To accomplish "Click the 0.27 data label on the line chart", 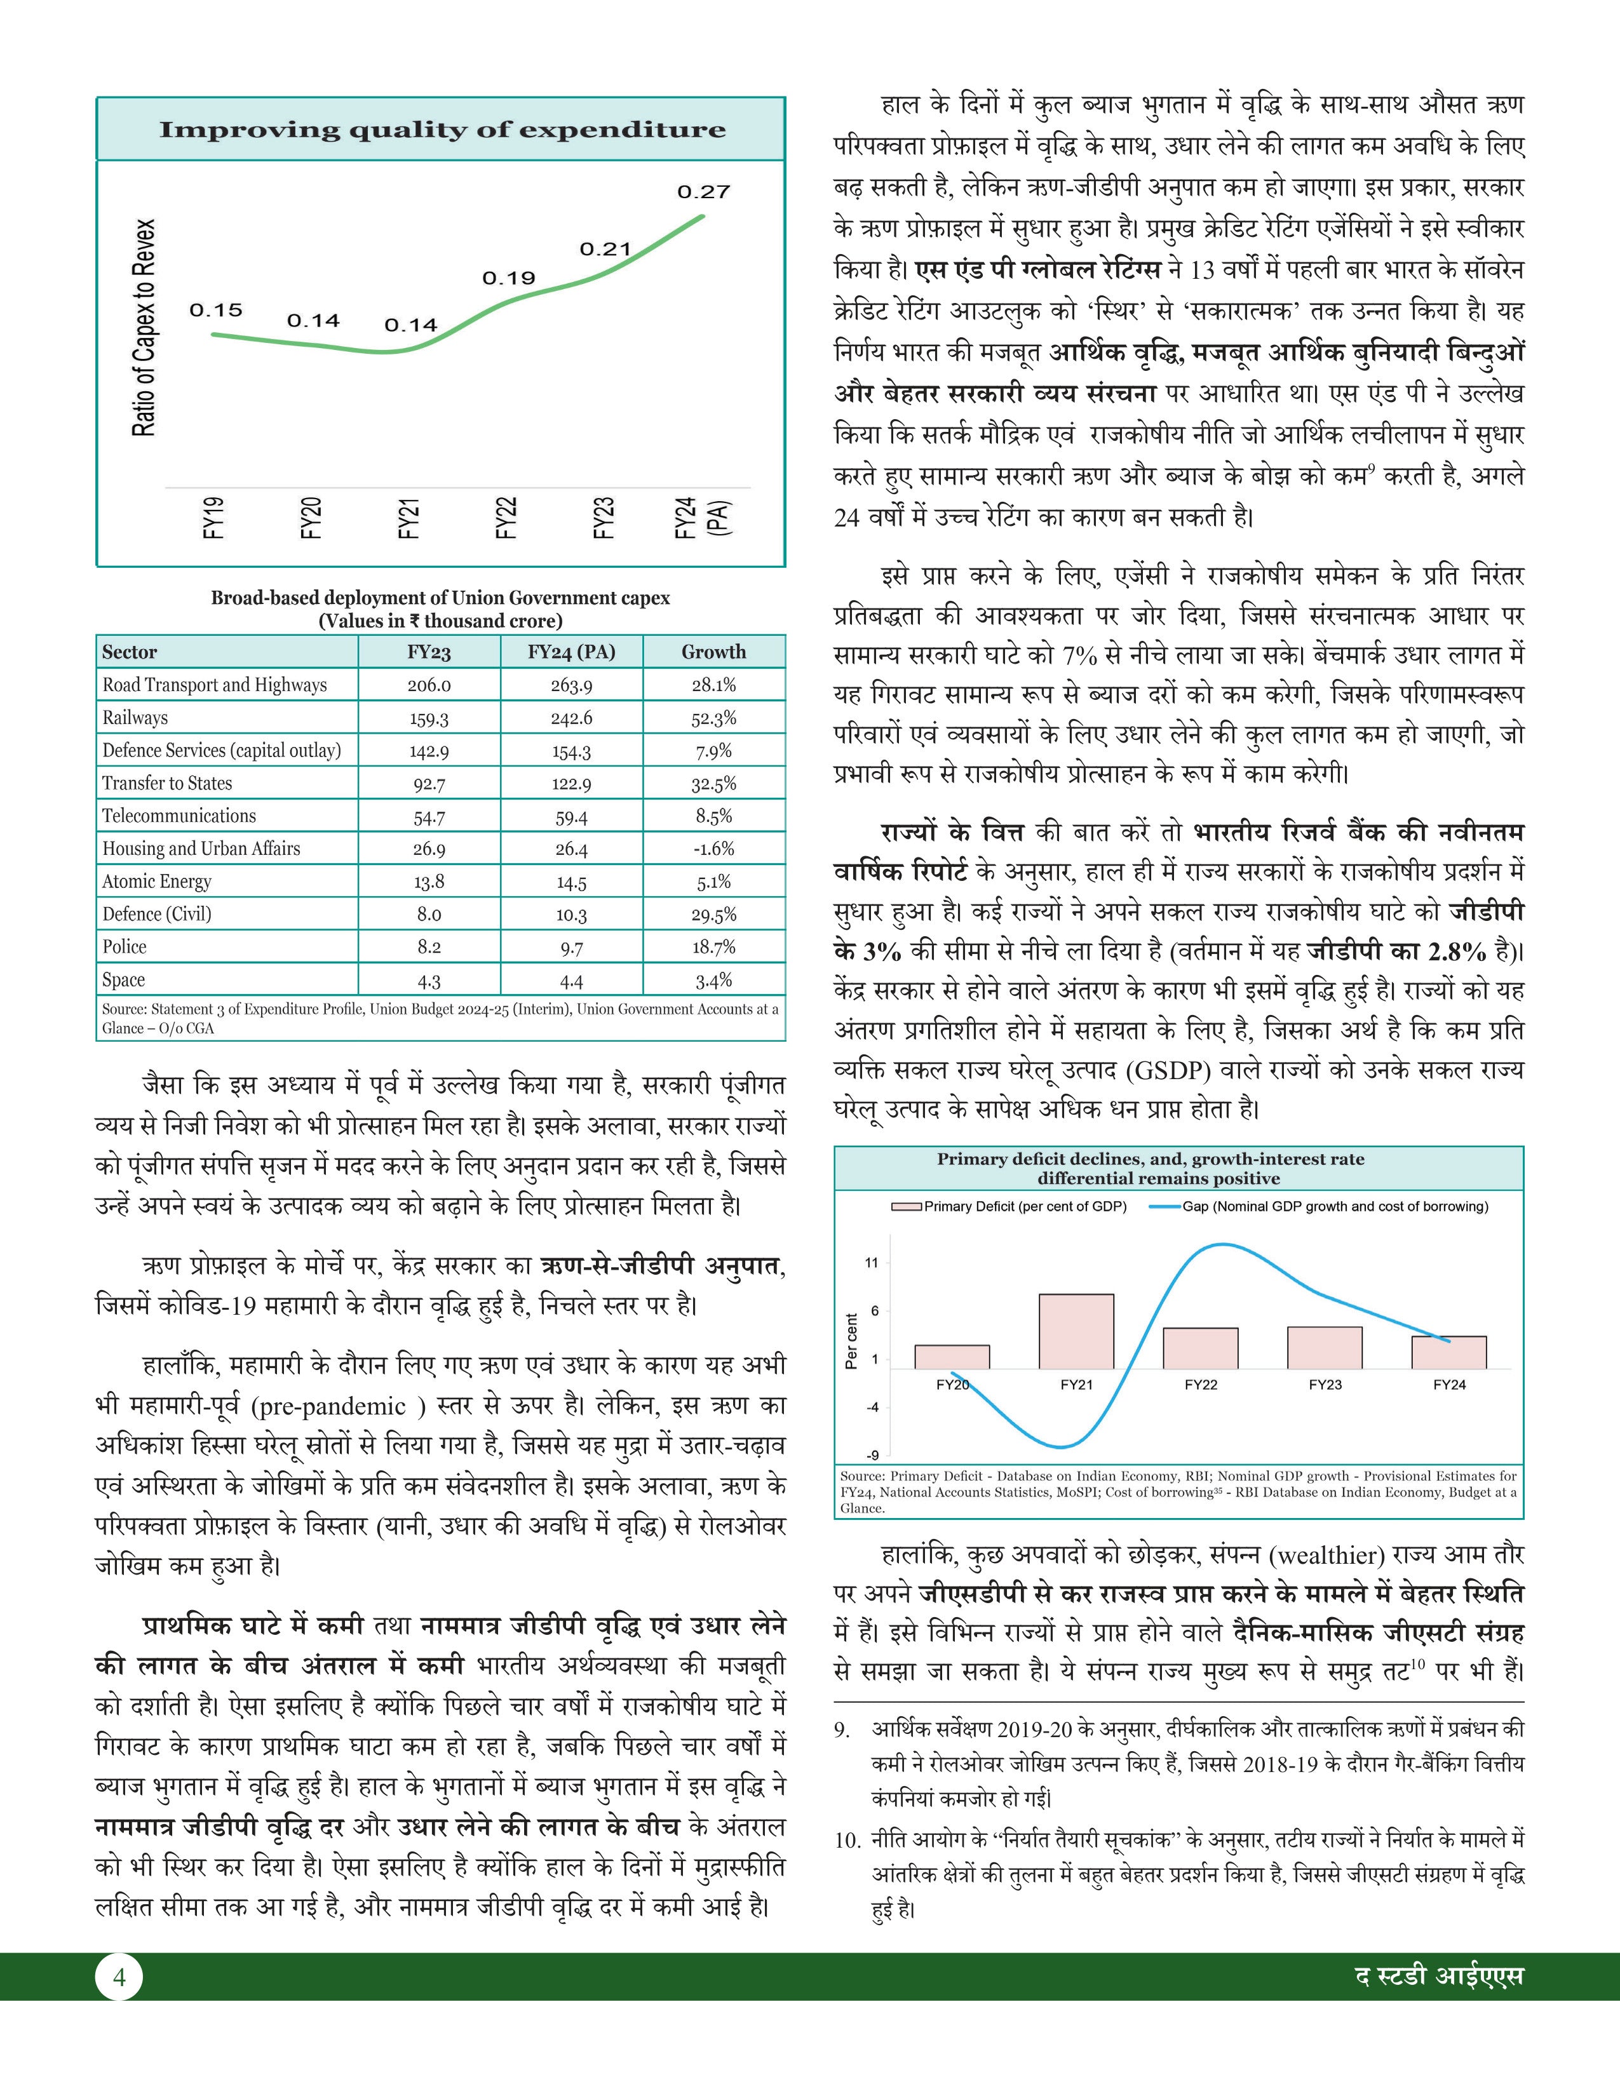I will (703, 192).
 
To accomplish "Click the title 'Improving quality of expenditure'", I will (442, 130).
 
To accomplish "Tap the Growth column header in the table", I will (713, 652).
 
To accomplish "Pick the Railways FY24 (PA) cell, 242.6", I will (571, 718).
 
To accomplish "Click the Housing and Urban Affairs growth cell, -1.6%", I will (713, 849).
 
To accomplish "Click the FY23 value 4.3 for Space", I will (429, 981).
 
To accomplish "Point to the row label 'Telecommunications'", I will (179, 816).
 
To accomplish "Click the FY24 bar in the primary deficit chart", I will (1448, 1352).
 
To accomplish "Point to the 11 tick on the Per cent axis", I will (872, 1263).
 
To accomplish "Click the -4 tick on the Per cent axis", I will (872, 1407).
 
